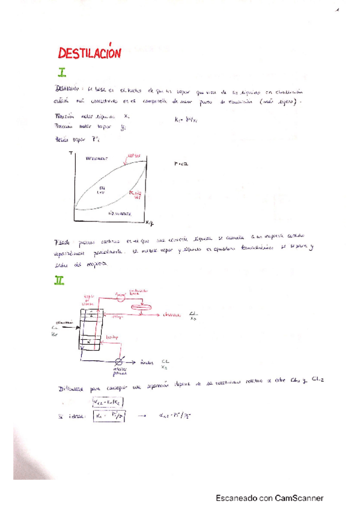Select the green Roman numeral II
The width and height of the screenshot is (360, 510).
(59, 280)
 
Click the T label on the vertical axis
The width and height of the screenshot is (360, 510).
(70, 154)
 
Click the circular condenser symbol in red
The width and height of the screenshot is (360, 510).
(120, 296)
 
